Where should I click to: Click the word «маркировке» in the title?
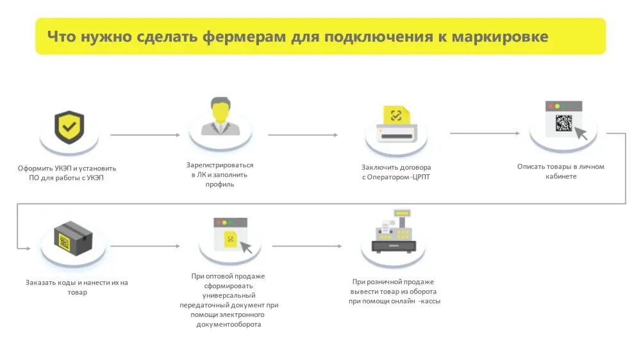500,36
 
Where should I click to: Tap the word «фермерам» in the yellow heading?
244,36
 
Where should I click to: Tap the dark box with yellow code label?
72,238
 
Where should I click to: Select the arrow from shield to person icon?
145,135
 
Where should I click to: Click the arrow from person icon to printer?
303,135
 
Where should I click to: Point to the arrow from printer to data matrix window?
485,133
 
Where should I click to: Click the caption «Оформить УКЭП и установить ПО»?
67,173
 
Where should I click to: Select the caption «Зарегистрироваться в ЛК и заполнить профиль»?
220,174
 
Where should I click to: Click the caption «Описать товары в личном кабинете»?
560,171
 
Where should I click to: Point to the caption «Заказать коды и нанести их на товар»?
76,287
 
